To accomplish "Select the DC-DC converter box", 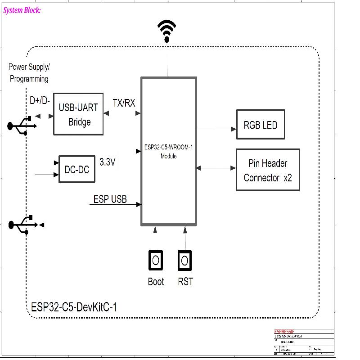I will pos(76,169).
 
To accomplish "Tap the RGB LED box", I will pos(261,125).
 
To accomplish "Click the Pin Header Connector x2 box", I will pos(268,171).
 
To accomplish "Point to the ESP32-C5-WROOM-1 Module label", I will pos(169,152).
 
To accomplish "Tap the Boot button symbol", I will pos(156,260).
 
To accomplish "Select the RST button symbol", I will pos(184,260).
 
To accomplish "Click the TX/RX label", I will pos(124,103).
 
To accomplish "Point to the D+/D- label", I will pos(40,100).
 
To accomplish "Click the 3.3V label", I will pos(108,162).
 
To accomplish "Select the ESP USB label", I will pos(110,199).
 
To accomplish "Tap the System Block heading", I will pos(22,10).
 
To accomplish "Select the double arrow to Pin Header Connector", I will pos(216,168).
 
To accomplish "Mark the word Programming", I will pos(28,79).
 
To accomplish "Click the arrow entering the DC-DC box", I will pos(47,174).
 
